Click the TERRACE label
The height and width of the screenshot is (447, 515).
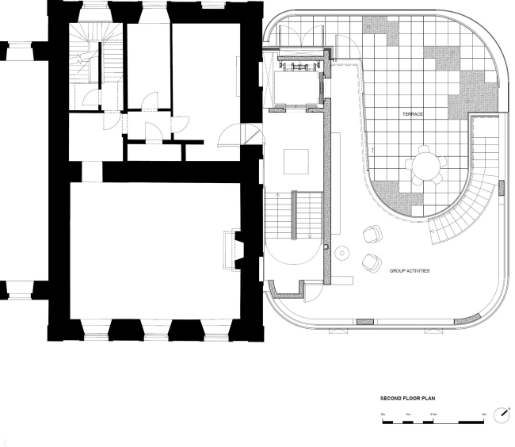411,115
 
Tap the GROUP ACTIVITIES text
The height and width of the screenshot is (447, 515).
410,271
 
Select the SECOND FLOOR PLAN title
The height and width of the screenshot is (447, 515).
407,399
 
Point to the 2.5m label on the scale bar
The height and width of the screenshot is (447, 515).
433,415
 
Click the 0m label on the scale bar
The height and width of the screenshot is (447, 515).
383,415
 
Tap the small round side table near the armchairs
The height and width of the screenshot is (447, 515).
342,253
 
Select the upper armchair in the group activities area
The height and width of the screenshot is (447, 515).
372,235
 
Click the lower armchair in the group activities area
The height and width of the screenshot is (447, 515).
370,262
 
